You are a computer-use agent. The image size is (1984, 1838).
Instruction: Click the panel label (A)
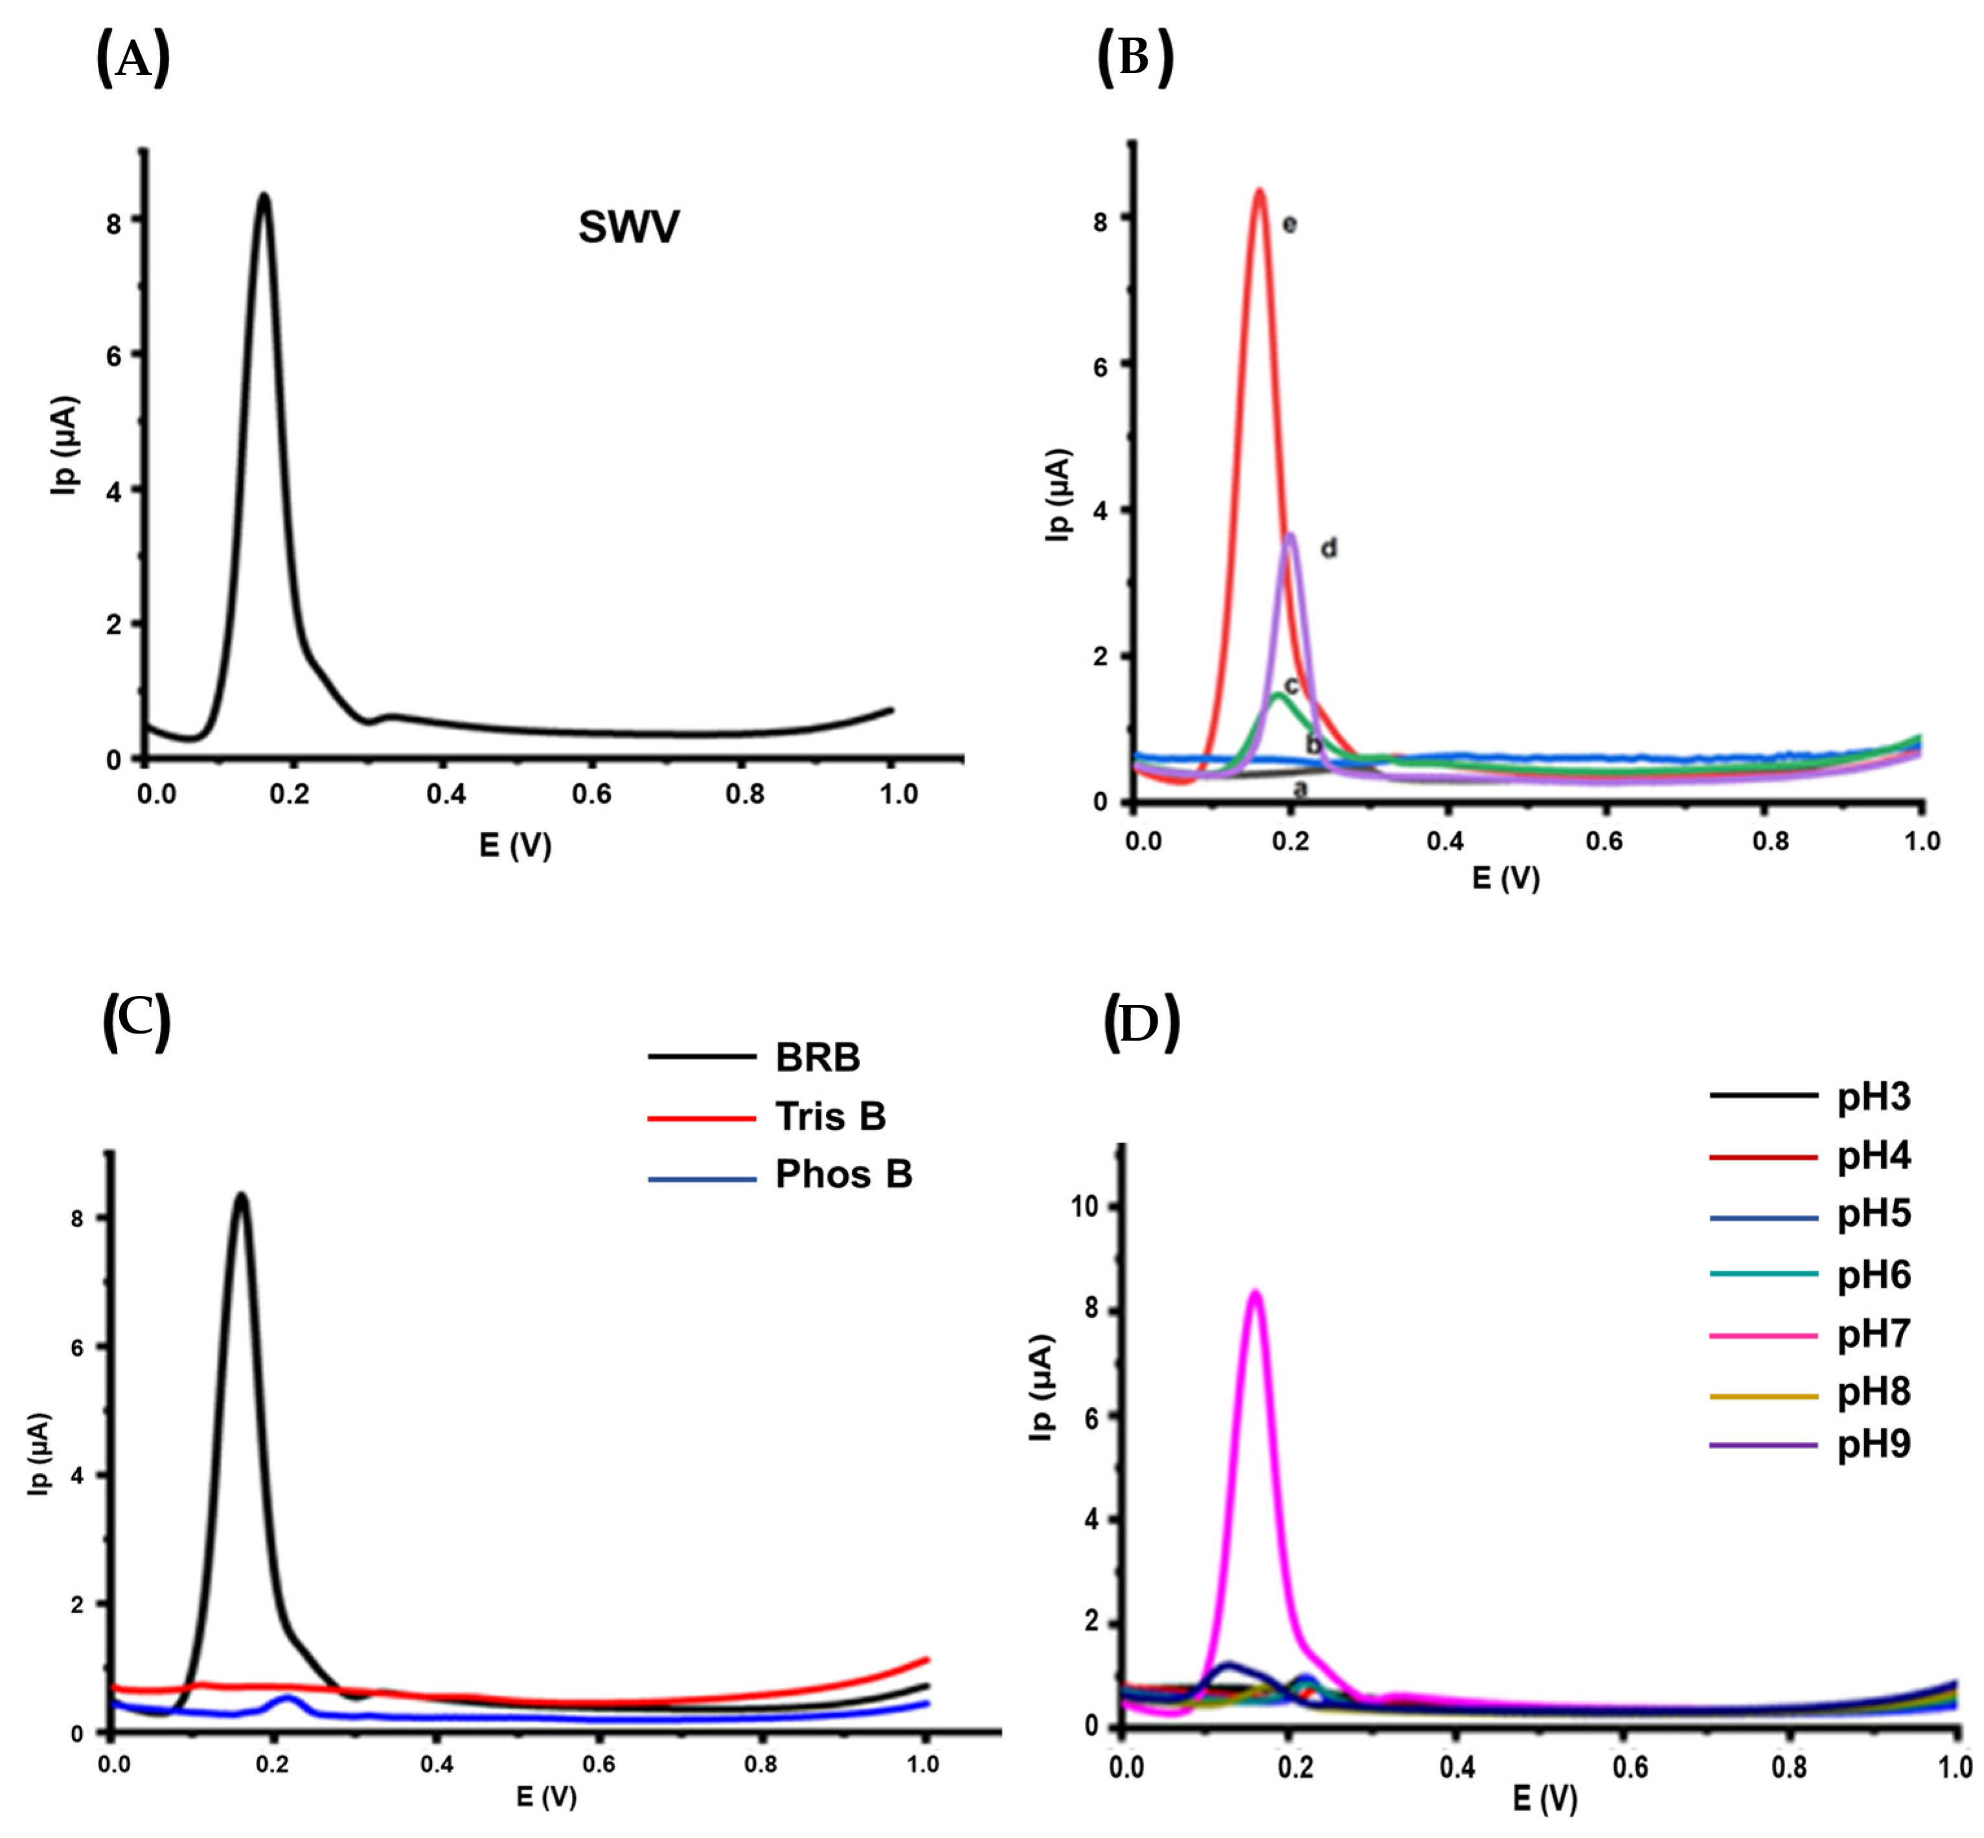pyautogui.click(x=132, y=60)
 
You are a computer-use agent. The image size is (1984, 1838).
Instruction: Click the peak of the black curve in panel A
pyautogui.click(x=264, y=196)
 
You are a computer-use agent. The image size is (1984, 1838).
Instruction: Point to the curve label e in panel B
pyautogui.click(x=1289, y=225)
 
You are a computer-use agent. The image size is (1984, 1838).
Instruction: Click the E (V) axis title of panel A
pyautogui.click(x=514, y=845)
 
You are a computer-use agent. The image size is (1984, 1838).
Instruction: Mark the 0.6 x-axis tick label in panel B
pyautogui.click(x=1603, y=841)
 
